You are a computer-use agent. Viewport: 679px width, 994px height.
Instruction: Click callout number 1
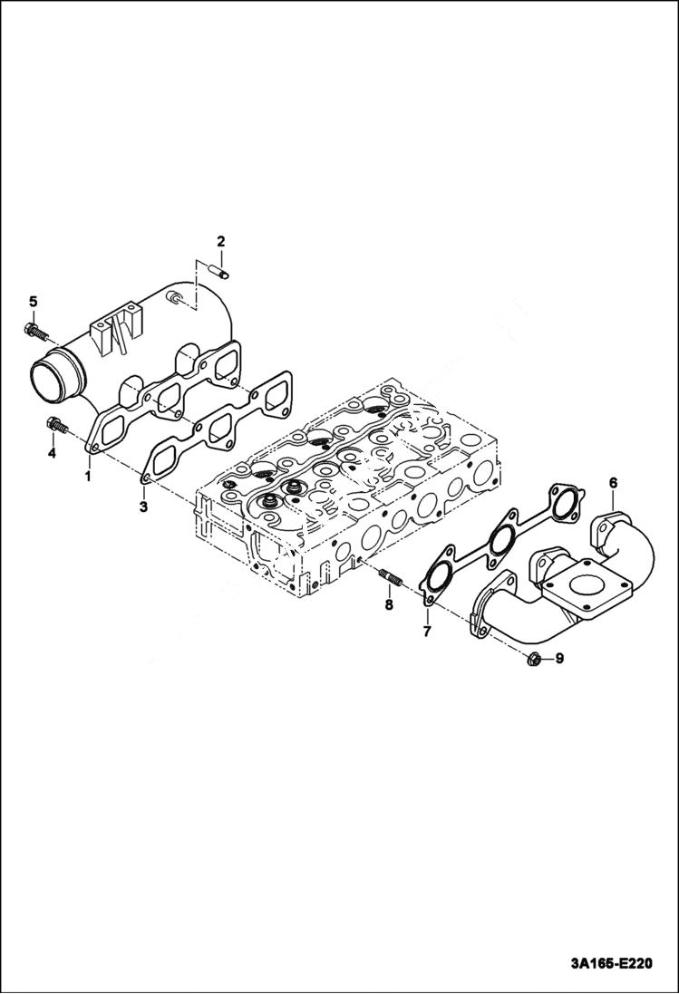(89, 475)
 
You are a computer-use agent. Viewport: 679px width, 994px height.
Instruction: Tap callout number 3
(143, 506)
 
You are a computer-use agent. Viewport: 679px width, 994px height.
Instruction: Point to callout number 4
(52, 452)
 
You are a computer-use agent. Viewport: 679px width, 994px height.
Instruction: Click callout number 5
(32, 301)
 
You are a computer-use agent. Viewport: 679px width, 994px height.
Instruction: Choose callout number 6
(613, 484)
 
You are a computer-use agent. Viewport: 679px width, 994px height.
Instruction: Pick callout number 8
(388, 603)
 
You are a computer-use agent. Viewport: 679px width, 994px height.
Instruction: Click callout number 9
(559, 659)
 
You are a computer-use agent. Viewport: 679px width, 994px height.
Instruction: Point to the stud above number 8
(391, 575)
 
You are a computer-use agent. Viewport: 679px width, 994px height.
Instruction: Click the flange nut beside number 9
(535, 659)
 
